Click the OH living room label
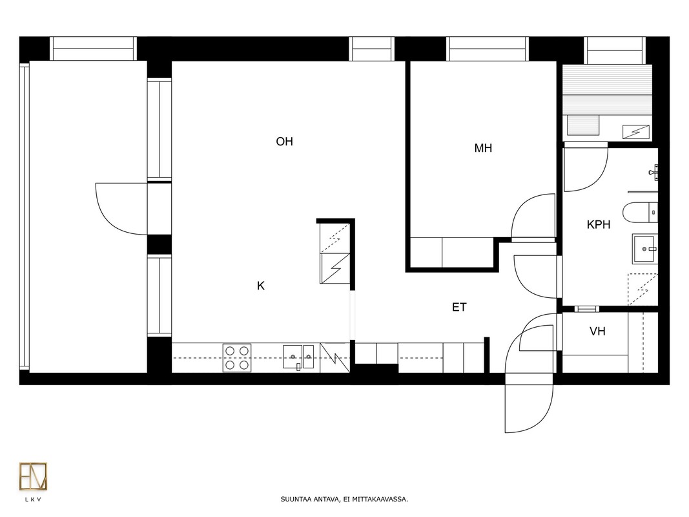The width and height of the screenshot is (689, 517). (284, 142)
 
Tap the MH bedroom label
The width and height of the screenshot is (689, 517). (483, 148)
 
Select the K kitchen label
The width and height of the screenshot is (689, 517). (261, 286)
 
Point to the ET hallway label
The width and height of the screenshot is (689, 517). (459, 308)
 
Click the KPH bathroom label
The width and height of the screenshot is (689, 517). (599, 225)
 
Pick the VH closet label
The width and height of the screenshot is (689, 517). (597, 332)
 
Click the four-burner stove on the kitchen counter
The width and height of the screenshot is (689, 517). (237, 358)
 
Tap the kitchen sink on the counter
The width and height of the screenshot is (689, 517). (298, 357)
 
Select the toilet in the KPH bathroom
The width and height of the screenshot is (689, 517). (640, 213)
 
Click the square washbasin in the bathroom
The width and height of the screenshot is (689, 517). (645, 249)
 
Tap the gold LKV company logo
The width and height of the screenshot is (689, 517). (33, 476)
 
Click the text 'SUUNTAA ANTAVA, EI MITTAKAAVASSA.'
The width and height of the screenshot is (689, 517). (344, 500)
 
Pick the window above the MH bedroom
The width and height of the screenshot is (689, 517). (488, 49)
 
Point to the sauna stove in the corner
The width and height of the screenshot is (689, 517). (636, 131)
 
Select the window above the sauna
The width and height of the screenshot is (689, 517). (614, 50)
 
